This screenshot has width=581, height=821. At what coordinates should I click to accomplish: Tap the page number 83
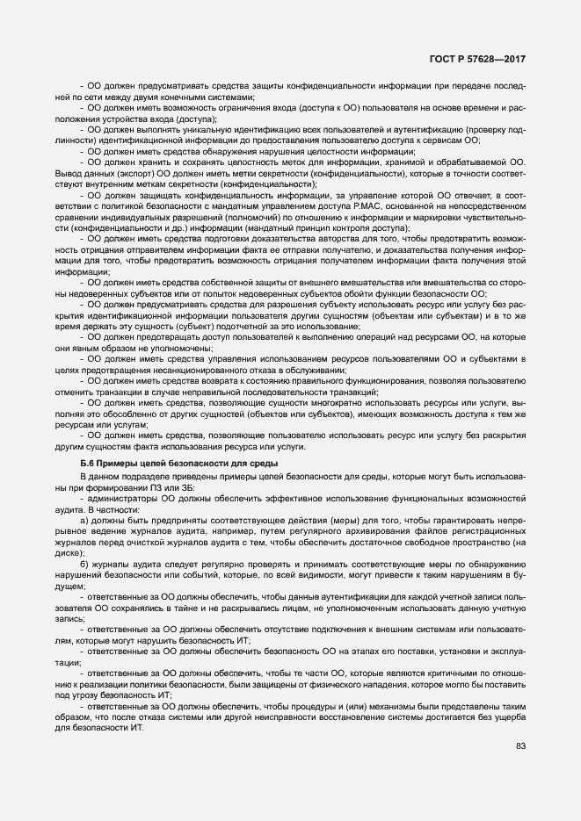[521, 746]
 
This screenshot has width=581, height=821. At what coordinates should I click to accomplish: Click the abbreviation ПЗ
[161, 486]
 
